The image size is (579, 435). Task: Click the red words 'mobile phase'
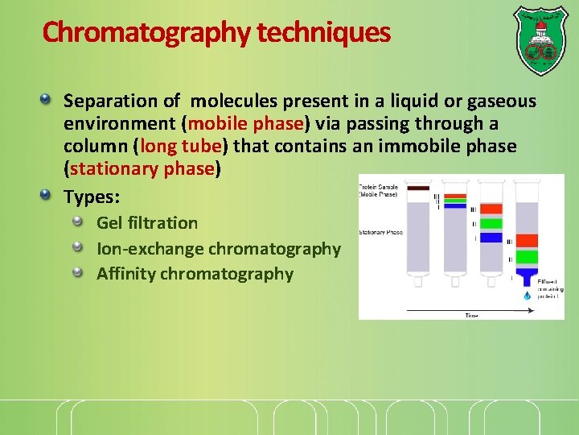point(245,123)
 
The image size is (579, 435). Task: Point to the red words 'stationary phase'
point(142,169)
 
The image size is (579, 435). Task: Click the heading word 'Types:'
point(92,197)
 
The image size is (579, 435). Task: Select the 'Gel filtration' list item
point(147,223)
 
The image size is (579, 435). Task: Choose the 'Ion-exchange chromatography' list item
point(219,249)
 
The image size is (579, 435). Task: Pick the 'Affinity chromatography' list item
point(195,274)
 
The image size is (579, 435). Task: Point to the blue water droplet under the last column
point(528,296)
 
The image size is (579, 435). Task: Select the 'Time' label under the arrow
point(471,315)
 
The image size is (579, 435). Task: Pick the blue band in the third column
point(491,238)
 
